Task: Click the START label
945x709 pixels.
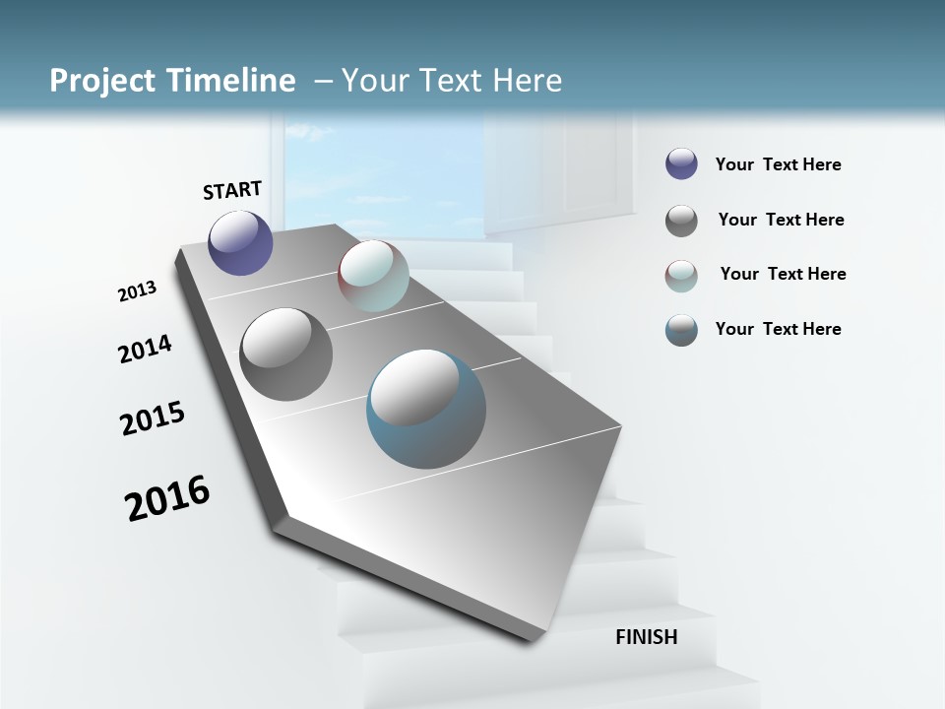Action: tap(232, 189)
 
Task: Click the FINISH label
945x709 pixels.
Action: tap(646, 637)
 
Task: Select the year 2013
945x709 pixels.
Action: tap(137, 290)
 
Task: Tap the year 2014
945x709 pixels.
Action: tap(145, 349)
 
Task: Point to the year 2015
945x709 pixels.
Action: tap(153, 419)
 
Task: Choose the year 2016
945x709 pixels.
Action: tap(167, 498)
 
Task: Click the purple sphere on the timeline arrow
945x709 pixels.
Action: tap(240, 242)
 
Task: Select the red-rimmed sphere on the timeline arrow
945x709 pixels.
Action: tap(373, 276)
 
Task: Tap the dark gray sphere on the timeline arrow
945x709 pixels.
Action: tap(285, 354)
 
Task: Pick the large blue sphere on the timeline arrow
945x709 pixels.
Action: tap(426, 410)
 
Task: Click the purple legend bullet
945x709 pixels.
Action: tap(681, 164)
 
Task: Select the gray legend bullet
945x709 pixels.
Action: tap(681, 221)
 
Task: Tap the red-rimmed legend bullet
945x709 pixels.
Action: tap(681, 276)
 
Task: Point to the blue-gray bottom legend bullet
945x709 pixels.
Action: tap(681, 330)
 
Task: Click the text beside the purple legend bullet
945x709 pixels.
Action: tap(778, 164)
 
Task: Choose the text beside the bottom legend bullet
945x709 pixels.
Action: tap(778, 329)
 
